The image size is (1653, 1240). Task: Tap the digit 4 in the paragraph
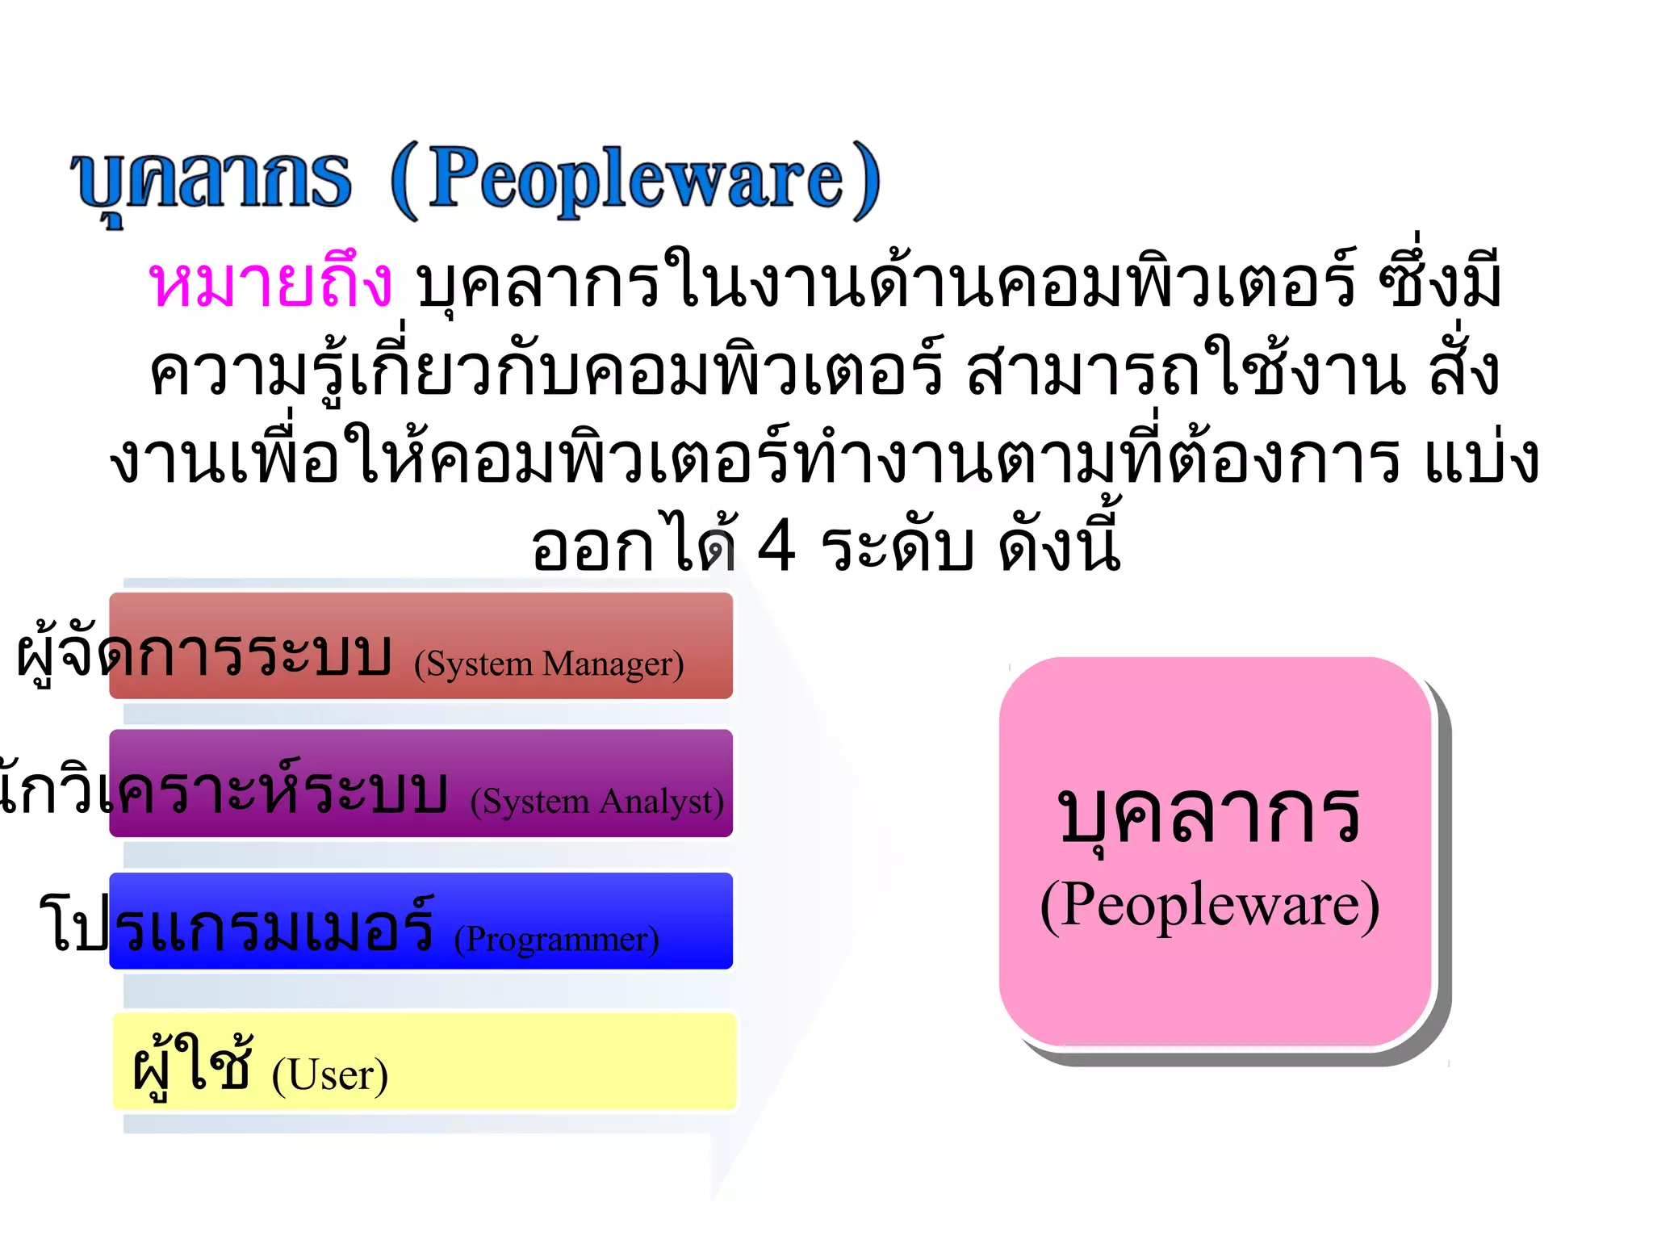click(x=776, y=547)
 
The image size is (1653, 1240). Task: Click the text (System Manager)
click(x=549, y=664)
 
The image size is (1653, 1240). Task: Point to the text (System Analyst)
click(x=597, y=802)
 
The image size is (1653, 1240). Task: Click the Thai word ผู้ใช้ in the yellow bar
click(x=192, y=1066)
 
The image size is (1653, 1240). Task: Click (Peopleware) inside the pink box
click(x=1209, y=906)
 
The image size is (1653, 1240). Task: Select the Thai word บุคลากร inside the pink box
click(x=1209, y=815)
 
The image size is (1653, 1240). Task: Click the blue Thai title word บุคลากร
click(x=211, y=181)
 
